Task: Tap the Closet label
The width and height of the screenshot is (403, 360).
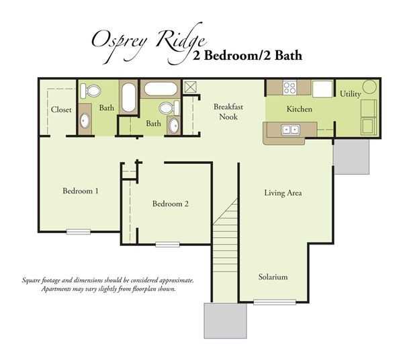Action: (61, 109)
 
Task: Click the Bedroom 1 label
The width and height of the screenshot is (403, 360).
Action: (81, 191)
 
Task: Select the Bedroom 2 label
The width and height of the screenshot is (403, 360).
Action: (170, 204)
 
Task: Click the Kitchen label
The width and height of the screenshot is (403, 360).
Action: (300, 109)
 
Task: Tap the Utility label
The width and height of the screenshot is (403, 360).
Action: (351, 94)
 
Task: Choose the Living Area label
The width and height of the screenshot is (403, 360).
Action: (283, 193)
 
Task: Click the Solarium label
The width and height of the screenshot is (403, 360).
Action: (273, 277)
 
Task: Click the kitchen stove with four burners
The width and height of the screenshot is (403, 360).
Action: (291, 87)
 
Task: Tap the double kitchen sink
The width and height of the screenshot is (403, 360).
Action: (291, 129)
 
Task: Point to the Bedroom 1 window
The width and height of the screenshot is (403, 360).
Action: (79, 232)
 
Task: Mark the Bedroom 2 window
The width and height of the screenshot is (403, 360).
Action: (167, 244)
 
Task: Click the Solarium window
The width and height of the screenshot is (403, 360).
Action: (274, 302)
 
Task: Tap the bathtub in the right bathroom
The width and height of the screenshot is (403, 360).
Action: (160, 89)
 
